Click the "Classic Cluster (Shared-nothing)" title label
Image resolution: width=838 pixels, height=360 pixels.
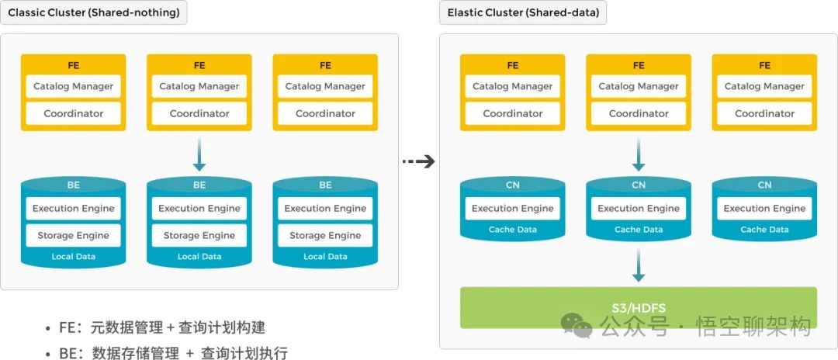point(93,12)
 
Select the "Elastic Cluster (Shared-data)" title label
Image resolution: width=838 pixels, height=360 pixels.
point(523,12)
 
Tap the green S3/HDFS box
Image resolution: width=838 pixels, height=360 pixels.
point(639,307)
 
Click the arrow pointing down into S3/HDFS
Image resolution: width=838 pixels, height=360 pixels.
point(639,265)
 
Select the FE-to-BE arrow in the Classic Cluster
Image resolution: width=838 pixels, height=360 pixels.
point(199,154)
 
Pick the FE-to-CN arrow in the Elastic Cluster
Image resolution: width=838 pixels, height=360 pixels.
point(639,154)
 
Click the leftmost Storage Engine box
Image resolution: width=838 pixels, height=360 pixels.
point(74,235)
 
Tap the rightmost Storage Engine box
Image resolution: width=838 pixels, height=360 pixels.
point(325,235)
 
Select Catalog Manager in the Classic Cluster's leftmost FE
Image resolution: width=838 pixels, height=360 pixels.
point(74,86)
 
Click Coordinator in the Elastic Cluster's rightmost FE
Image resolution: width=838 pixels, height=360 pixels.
point(764,113)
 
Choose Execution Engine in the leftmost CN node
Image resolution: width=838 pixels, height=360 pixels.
point(513,208)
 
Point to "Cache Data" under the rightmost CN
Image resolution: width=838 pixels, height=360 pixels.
point(764,230)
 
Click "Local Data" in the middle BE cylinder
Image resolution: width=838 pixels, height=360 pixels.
point(199,257)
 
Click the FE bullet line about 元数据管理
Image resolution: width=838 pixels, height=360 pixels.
point(167,327)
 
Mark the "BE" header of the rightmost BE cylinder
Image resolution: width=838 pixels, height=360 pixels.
point(325,185)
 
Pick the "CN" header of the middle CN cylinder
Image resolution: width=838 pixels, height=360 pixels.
point(639,185)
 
